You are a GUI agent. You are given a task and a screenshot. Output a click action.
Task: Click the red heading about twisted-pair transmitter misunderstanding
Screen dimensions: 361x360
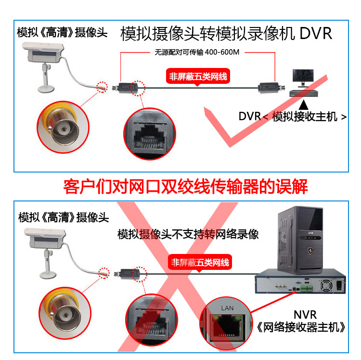coord(185,187)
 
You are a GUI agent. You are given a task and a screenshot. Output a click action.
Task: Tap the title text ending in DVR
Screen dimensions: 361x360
coord(226,34)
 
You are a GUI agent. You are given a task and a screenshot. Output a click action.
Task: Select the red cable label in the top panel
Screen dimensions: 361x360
coord(198,76)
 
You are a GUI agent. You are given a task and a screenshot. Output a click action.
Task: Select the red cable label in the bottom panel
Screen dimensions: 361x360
coord(200,262)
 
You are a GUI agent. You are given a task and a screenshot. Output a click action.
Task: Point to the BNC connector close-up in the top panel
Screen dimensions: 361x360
coord(63,127)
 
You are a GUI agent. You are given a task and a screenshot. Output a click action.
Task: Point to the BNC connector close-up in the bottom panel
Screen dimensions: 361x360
coord(64,313)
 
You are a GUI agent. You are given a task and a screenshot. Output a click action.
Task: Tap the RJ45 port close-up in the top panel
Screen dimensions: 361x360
coord(150,133)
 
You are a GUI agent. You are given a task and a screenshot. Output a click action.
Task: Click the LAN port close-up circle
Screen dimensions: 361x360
coord(226,323)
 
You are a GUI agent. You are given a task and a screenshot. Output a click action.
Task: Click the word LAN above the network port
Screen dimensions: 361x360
coord(227,308)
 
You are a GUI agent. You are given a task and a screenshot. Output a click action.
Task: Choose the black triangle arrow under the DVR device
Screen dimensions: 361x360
coord(303,105)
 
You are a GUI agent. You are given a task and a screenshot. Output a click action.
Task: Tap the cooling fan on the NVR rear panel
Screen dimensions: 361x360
coord(326,286)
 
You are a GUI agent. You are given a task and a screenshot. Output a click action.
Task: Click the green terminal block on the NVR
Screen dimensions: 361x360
coord(306,288)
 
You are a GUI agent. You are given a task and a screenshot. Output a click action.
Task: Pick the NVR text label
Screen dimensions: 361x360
coord(305,315)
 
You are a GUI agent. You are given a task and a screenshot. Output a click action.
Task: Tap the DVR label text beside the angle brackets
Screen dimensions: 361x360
coord(249,116)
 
